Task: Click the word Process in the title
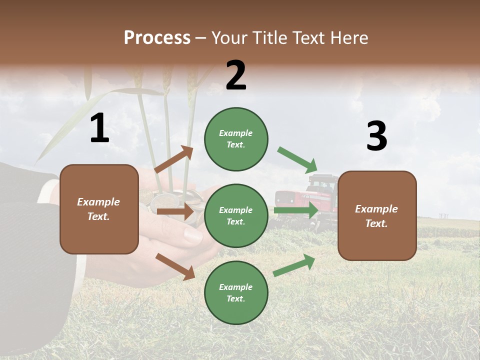(157, 38)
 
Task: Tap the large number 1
(99, 128)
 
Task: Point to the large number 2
(236, 75)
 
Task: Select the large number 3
(376, 136)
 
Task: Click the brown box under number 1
(99, 209)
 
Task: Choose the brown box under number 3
(377, 215)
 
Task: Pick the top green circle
(236, 139)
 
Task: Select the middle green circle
(236, 215)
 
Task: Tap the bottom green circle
(236, 292)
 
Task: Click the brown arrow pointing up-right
(174, 159)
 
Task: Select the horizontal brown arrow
(175, 211)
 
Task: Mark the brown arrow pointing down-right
(175, 266)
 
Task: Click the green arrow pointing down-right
(297, 159)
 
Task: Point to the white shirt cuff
(47, 190)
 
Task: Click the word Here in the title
(350, 38)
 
